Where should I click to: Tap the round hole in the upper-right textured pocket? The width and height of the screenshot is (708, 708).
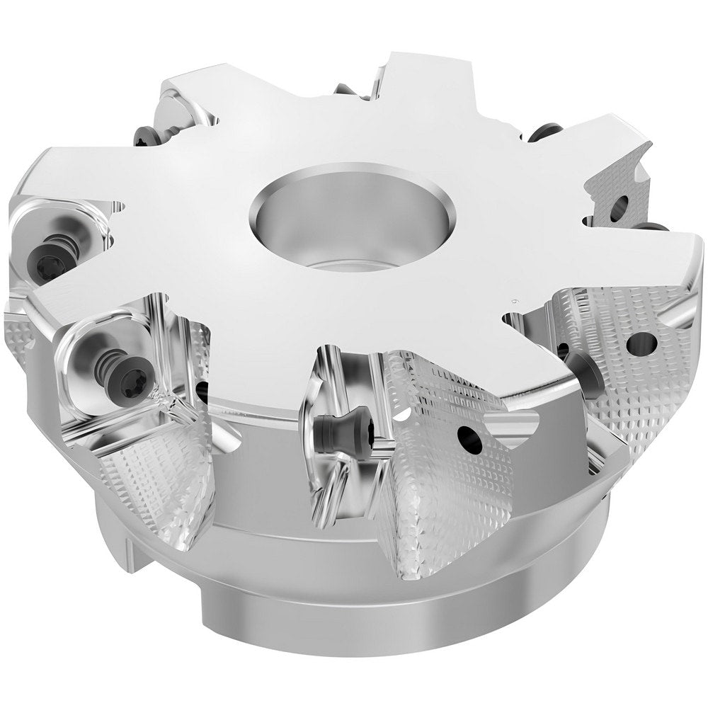point(619,206)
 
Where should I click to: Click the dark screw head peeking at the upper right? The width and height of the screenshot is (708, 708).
point(546,131)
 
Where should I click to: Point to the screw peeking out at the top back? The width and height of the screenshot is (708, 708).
point(347,90)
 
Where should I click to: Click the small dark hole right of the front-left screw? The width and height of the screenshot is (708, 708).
point(202,388)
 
